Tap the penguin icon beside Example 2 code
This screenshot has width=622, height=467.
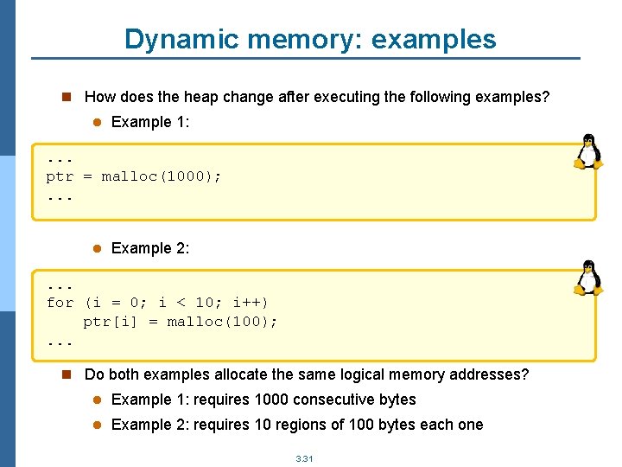click(588, 278)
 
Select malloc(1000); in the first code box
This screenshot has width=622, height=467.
click(162, 176)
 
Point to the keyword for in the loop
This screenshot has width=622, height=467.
click(60, 303)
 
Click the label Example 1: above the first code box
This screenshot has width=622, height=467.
click(150, 122)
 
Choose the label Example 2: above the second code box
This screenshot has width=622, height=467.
click(150, 248)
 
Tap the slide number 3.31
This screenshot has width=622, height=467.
click(304, 458)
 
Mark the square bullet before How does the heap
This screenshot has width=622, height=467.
click(65, 97)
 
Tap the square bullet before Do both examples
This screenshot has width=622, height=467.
click(65, 374)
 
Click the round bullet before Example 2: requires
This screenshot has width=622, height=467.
click(98, 425)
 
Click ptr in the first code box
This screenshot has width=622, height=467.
click(60, 176)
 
